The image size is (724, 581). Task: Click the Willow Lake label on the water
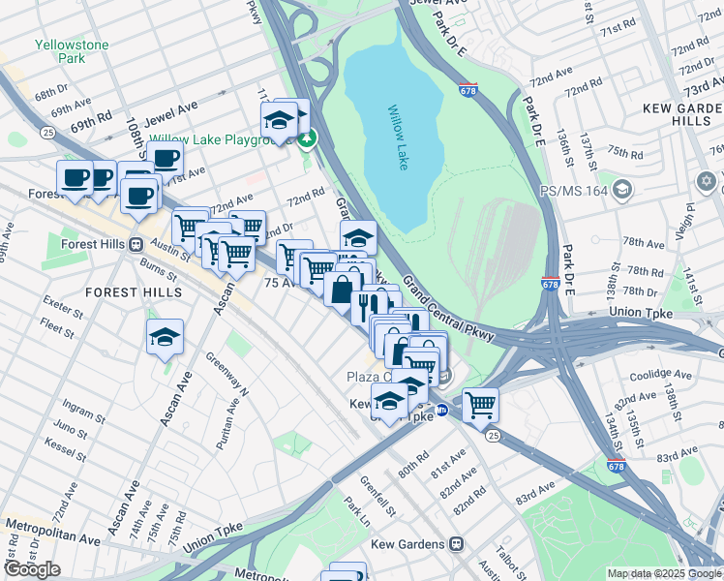398,138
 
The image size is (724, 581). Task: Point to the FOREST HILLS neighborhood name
133,291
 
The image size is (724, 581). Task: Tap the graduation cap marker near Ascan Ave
166,337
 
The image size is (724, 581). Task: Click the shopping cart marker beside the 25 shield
480,405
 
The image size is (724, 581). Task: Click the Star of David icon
706,181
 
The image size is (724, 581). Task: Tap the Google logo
32,569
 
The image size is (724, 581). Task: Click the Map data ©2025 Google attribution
664,573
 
